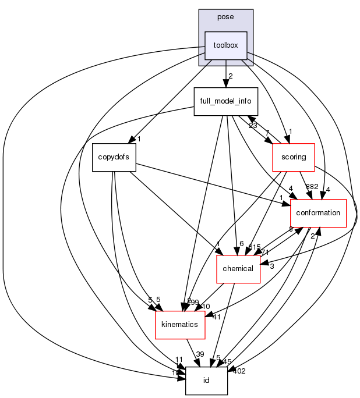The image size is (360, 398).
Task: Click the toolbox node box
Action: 225,45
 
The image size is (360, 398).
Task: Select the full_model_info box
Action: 225,101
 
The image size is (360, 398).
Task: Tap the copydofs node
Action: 114,157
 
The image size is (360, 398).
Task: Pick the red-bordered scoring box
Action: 294,157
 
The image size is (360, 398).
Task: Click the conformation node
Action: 318,213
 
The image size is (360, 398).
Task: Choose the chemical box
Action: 238,269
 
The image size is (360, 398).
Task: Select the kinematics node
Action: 180,325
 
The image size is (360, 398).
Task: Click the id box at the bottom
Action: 206,381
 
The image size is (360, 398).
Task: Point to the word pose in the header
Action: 225,17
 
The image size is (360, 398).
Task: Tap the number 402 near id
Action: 239,371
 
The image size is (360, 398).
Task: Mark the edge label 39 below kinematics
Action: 200,354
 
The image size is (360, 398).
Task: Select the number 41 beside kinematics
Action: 216,317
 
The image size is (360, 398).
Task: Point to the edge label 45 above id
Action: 227,362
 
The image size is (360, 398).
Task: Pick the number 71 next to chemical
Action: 264,252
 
